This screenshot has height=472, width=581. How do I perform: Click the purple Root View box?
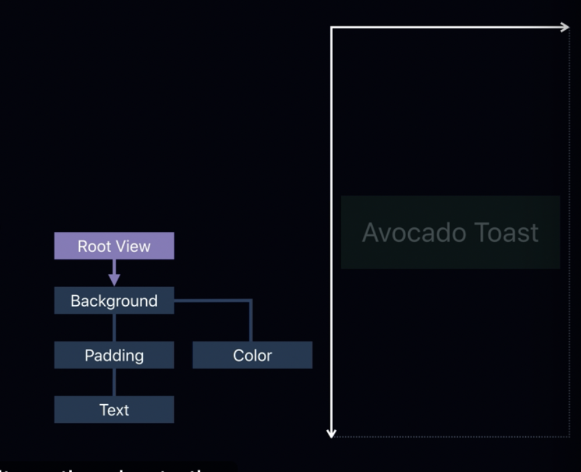(x=114, y=246)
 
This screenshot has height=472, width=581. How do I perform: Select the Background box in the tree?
(x=114, y=300)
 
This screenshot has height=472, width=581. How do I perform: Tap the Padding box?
(x=114, y=355)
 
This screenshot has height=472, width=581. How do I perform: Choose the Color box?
(x=252, y=355)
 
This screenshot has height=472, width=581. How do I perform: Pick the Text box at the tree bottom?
(x=114, y=410)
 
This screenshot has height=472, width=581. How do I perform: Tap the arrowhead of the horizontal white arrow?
(x=565, y=27)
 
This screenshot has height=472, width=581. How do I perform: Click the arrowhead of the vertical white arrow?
(x=332, y=433)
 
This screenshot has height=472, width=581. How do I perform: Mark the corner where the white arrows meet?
(x=332, y=27)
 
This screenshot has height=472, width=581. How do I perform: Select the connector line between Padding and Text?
(x=114, y=382)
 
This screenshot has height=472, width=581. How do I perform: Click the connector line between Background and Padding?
(x=114, y=328)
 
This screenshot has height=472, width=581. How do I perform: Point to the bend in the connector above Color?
(x=251, y=301)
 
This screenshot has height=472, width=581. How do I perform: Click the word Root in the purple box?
(x=92, y=246)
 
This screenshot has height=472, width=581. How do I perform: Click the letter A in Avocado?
(x=370, y=233)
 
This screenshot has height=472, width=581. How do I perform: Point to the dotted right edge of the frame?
(x=570, y=233)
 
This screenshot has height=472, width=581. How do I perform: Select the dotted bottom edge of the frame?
(x=452, y=437)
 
